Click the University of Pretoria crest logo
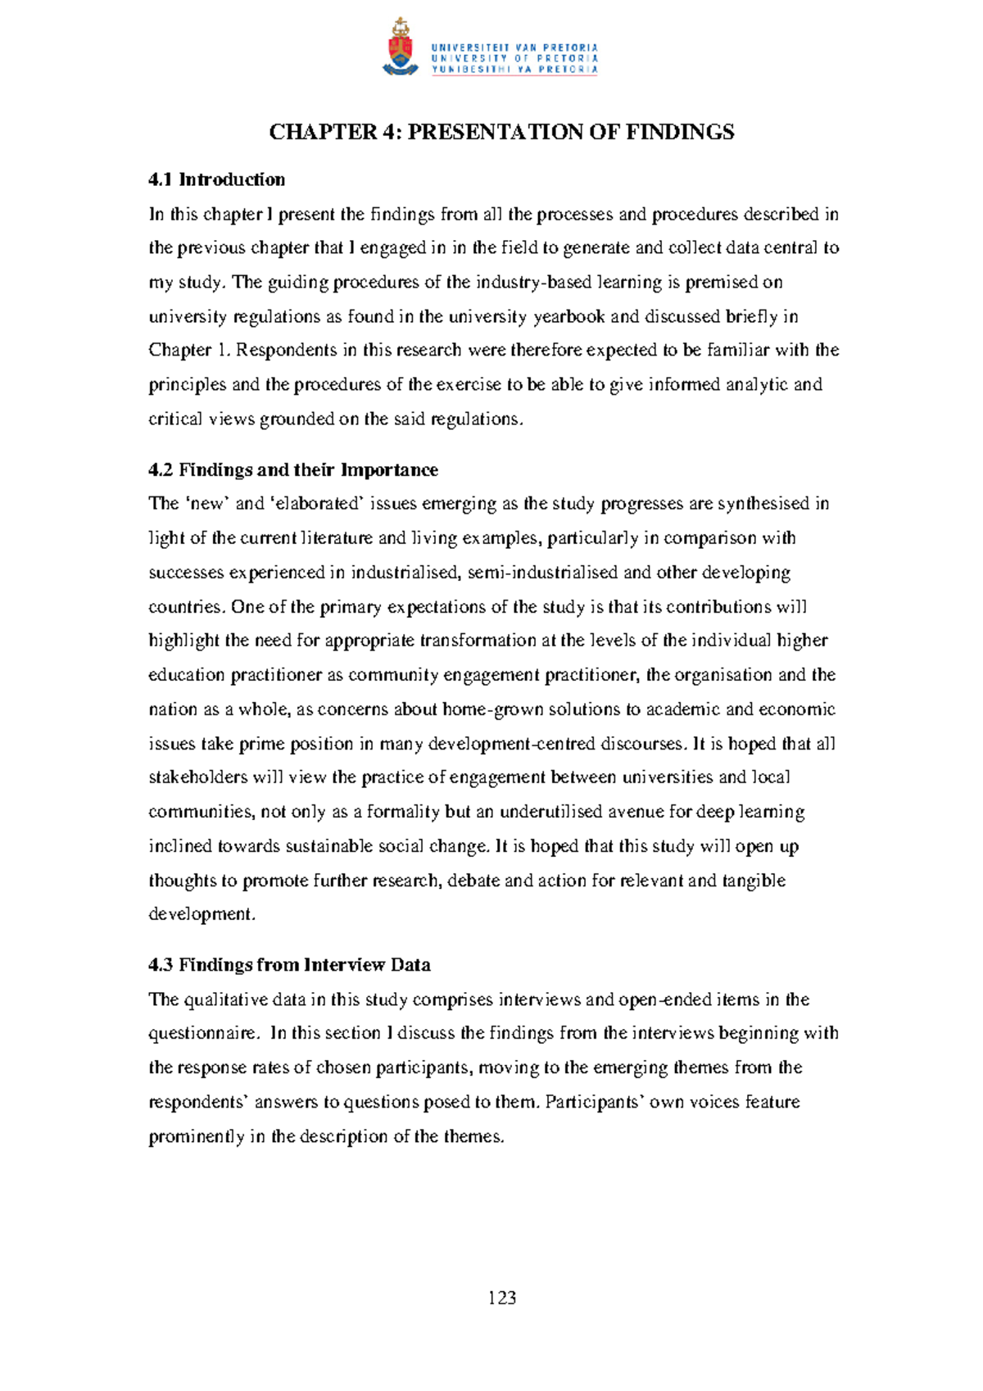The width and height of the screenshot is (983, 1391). [400, 48]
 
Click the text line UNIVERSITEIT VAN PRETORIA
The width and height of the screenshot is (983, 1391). [514, 48]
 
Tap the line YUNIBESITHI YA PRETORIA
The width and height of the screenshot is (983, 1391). [514, 70]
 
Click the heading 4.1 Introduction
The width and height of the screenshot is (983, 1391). [216, 179]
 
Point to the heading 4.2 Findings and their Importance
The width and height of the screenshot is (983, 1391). [292, 470]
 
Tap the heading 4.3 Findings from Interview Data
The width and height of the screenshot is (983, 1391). [289, 965]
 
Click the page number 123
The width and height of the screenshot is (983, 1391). [501, 1298]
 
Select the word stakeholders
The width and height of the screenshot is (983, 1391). [197, 777]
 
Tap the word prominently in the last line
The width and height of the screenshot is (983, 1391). [197, 1137]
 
